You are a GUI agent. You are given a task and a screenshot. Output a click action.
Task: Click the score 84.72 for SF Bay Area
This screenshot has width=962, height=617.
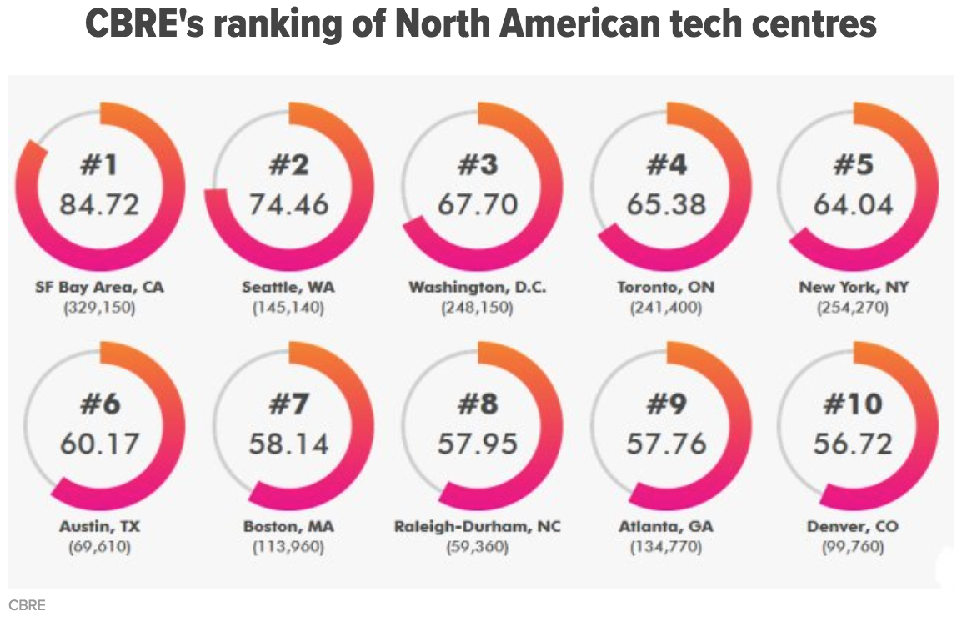point(99,204)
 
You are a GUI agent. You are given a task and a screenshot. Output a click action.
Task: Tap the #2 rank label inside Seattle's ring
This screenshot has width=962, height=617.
point(288,166)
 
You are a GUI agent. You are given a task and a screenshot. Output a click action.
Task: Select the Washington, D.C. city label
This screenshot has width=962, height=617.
point(478,288)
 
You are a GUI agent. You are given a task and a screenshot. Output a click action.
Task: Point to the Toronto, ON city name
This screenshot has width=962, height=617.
point(666,288)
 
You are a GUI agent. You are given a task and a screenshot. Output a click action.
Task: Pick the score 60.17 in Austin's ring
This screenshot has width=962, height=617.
point(99,444)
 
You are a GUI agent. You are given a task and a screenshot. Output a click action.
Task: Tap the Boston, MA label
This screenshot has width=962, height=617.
point(288,527)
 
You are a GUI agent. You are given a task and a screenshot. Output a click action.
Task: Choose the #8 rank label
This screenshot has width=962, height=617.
point(478,405)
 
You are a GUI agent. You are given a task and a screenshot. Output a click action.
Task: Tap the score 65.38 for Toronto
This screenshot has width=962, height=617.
point(666,204)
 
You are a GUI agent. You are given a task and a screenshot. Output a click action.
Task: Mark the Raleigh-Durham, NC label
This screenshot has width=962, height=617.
point(478,527)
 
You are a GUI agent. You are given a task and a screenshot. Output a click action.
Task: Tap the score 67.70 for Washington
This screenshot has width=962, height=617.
point(478,204)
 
